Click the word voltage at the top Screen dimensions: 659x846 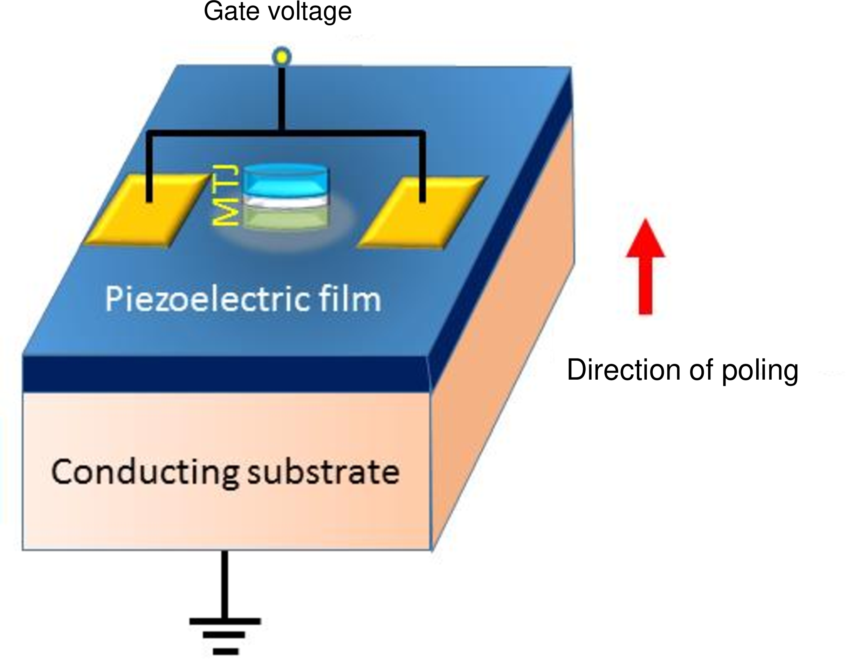tap(310, 12)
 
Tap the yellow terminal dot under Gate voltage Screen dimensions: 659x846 tap(282, 57)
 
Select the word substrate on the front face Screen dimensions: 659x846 tap(323, 472)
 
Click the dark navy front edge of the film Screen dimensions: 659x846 tap(225, 374)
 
